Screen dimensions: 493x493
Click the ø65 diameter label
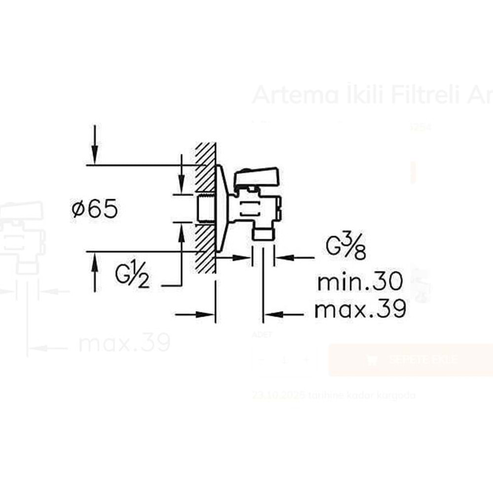coord(95,210)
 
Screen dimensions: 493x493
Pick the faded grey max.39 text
coord(124,342)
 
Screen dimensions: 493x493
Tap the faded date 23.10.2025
coord(279,395)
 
